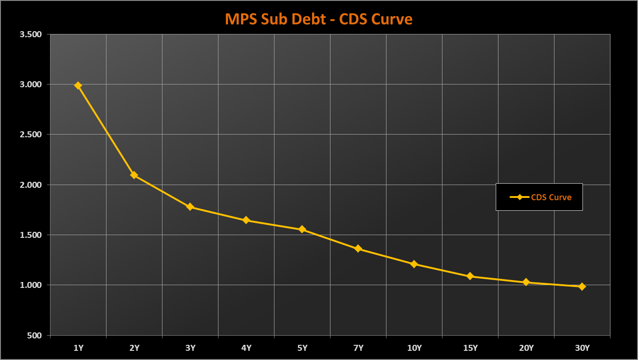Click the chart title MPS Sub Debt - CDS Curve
click(x=319, y=19)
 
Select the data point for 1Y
click(x=78, y=85)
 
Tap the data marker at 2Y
click(x=134, y=175)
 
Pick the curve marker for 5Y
click(x=302, y=229)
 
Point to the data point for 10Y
click(x=414, y=264)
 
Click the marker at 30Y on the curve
click(x=582, y=287)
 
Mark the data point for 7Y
click(x=358, y=248)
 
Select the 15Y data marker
click(x=470, y=276)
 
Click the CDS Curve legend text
click(x=551, y=197)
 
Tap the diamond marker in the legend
click(x=520, y=197)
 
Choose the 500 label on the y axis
click(x=35, y=335)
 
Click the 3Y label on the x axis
click(x=190, y=348)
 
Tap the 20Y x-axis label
click(x=526, y=348)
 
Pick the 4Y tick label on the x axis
click(x=246, y=348)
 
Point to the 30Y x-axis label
click(x=582, y=348)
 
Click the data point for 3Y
click(x=190, y=207)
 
